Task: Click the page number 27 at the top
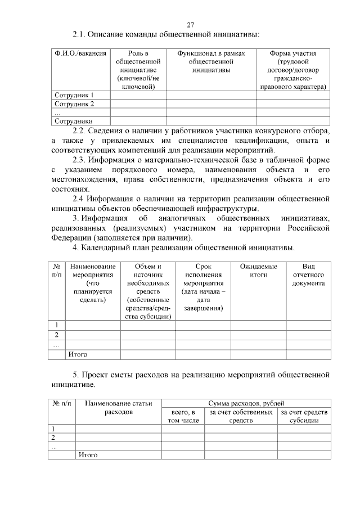coord(190,25)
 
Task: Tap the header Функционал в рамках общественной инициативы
coord(211,61)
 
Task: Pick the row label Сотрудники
coord(73,120)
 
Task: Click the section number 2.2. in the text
coord(82,130)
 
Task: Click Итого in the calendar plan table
coord(78,354)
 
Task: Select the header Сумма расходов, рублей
coord(246,403)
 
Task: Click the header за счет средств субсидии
coord(304,416)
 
